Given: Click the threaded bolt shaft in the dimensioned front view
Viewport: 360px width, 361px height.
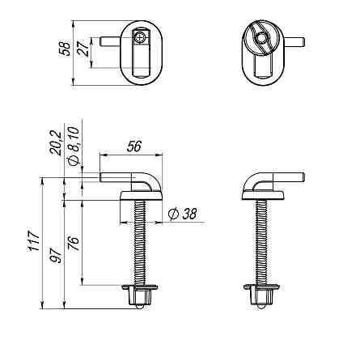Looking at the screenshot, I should (141, 243).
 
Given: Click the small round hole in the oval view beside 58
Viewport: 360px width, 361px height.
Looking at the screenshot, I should (141, 37).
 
